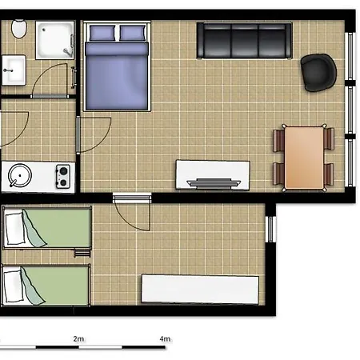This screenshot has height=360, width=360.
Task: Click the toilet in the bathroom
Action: (19, 30)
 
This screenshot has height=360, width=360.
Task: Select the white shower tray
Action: (56, 38)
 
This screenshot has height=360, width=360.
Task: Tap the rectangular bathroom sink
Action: (12, 71)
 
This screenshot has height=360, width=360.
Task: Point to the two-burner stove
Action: (62, 174)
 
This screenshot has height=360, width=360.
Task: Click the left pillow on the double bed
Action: (102, 34)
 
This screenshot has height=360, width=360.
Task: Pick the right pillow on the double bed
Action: (132, 34)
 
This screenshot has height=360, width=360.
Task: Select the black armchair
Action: (318, 71)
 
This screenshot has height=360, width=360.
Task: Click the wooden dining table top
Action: (304, 158)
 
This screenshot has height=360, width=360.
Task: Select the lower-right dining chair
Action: (328, 173)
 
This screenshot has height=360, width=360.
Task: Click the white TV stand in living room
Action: (213, 174)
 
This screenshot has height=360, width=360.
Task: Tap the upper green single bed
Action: (46, 229)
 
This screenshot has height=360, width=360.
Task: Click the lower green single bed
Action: (45, 285)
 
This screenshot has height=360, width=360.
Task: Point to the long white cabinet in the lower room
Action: (200, 289)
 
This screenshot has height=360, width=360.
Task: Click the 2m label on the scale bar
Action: (78, 339)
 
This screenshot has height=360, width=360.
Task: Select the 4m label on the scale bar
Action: (165, 339)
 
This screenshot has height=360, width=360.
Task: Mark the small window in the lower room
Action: (270, 228)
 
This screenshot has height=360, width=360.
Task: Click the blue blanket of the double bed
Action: (117, 76)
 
